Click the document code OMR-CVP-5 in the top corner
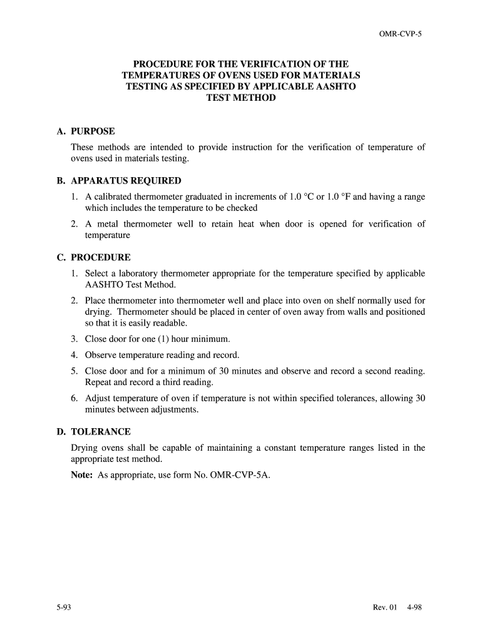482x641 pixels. coord(401,36)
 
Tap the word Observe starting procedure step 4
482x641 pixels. coord(101,355)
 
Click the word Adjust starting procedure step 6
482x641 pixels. coord(98,399)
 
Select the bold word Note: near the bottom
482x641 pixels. coord(82,475)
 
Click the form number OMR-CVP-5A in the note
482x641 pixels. coord(243,475)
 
